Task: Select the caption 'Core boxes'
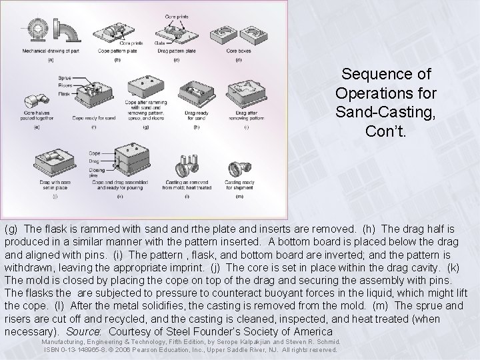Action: pyautogui.click(x=239, y=51)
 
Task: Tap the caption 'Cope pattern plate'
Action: pyautogui.click(x=114, y=51)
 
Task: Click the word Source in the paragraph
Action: pyautogui.click(x=89, y=331)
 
